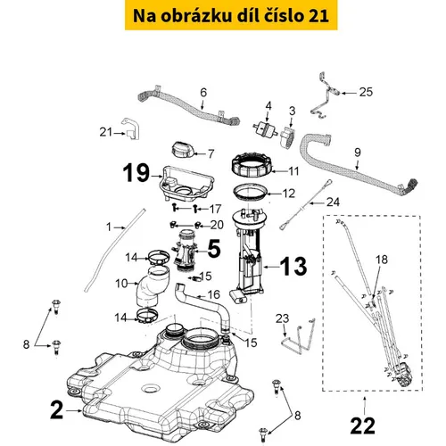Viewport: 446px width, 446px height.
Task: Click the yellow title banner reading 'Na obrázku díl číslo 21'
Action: point(231,15)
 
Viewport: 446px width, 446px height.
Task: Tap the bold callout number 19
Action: point(136,173)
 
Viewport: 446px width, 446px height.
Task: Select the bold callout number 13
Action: point(293,266)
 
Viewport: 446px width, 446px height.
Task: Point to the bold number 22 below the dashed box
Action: point(363,426)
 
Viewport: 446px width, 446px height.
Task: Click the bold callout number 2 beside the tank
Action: point(56,410)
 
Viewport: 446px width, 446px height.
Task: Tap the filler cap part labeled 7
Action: point(183,151)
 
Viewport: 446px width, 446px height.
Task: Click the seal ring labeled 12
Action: point(252,193)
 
